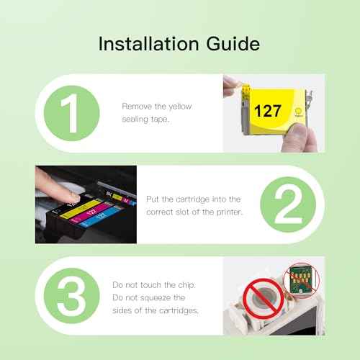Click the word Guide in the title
(x=230, y=45)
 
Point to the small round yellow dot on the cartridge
(x=297, y=112)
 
